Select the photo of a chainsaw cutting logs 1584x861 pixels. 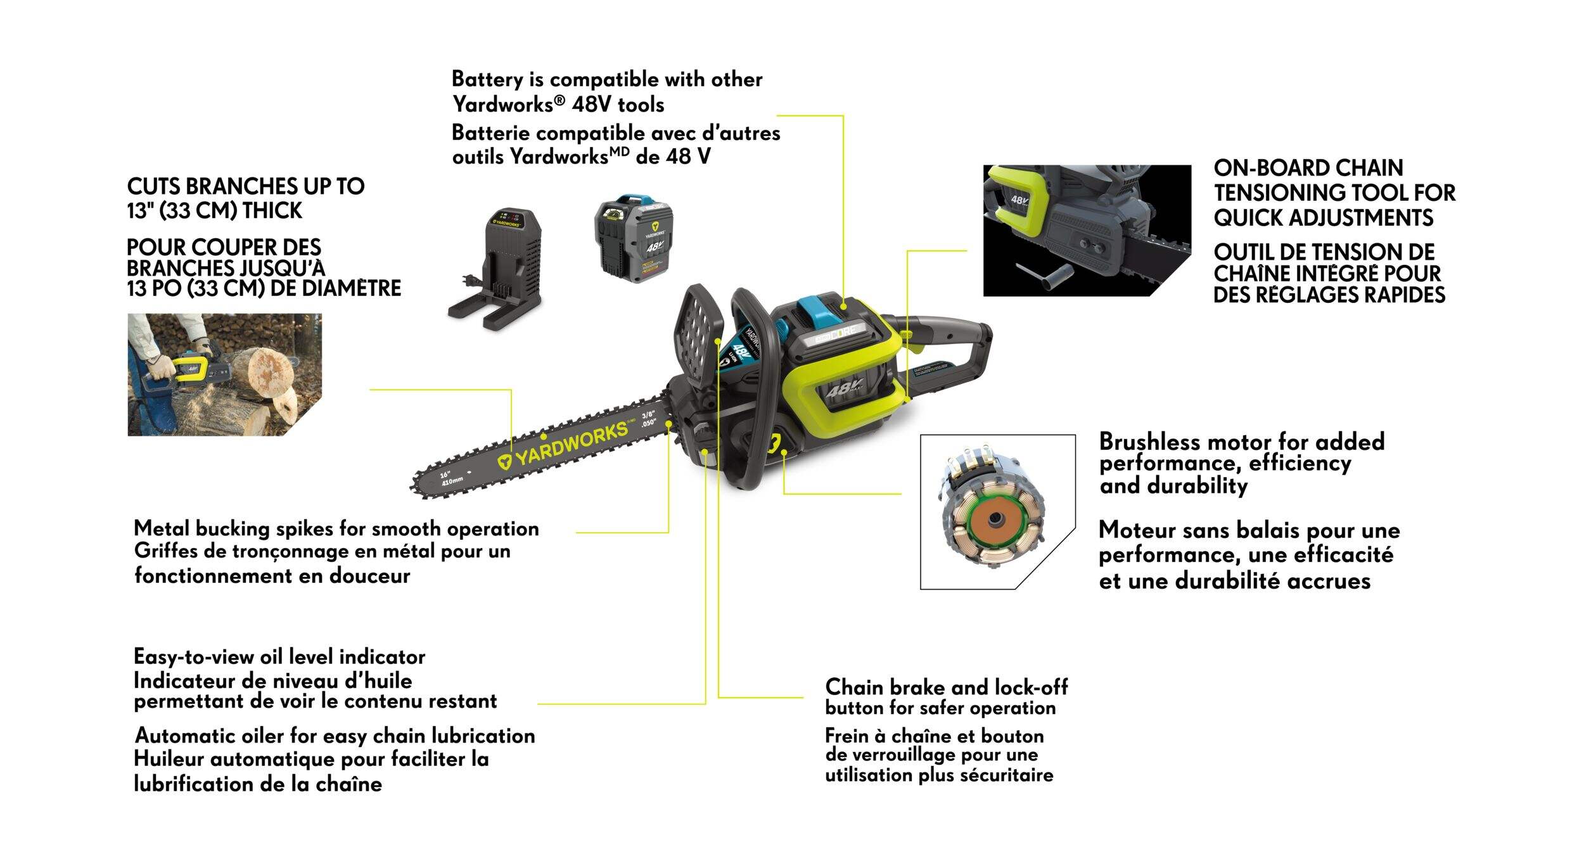(224, 374)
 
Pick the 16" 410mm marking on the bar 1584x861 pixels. (452, 476)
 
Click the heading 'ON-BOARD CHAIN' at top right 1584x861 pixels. (1308, 168)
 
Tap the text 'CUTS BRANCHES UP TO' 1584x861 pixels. (246, 186)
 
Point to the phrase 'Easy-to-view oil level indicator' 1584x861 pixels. (279, 656)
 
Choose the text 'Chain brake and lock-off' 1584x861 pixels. (947, 687)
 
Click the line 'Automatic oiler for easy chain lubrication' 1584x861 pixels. (335, 736)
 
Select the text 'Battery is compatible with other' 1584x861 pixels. (607, 79)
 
